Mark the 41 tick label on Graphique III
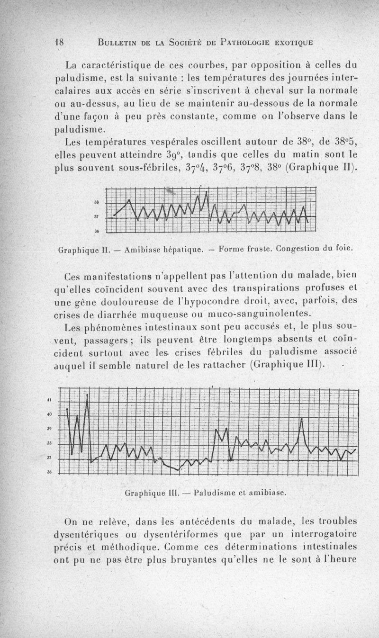pyautogui.click(x=49, y=400)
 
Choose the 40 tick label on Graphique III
pyautogui.click(x=49, y=415)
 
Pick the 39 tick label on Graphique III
pyautogui.click(x=49, y=429)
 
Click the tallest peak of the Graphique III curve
pyautogui.click(x=87, y=394)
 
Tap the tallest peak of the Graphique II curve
pyautogui.click(x=207, y=192)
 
